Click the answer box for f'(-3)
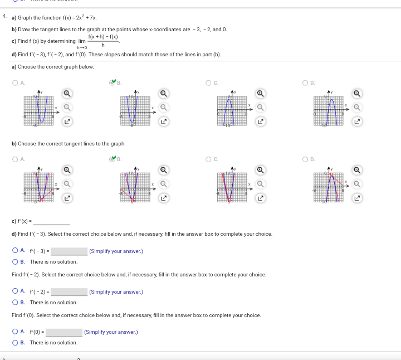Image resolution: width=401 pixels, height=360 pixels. coord(69,251)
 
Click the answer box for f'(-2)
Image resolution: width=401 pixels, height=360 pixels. coord(69,291)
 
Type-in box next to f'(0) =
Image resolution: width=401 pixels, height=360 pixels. coord(63,332)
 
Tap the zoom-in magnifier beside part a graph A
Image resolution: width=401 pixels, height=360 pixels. coord(66,94)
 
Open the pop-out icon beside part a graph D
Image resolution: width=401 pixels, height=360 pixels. coord(358,121)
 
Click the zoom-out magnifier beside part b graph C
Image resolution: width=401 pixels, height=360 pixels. coord(260,183)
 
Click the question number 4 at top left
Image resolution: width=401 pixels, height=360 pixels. coord(4,16)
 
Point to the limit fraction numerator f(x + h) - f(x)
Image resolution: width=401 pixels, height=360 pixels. coord(103,37)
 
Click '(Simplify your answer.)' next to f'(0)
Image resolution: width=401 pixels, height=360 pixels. coord(110,332)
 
